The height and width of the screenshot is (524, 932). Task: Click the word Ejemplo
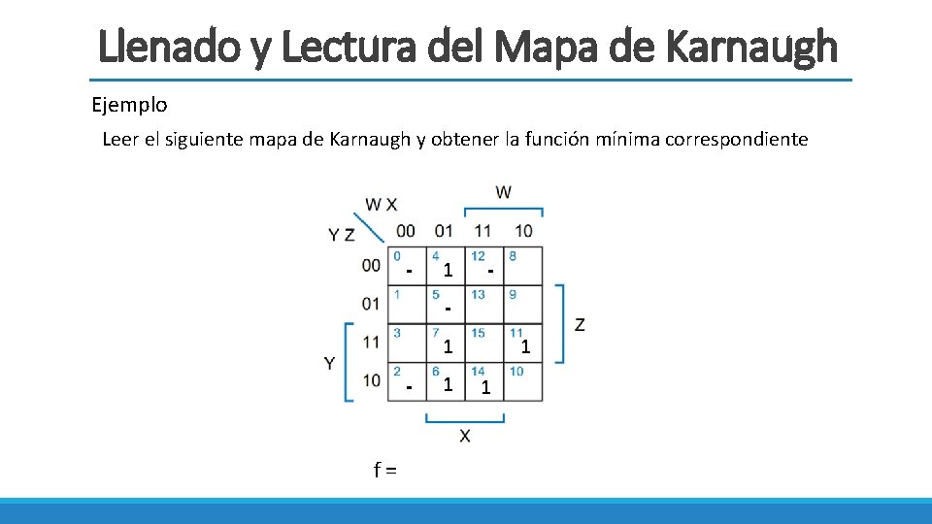tap(129, 104)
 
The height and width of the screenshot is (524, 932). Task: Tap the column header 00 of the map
tap(406, 231)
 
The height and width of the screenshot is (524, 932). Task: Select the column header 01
tap(444, 231)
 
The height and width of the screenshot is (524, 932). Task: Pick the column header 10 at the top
tap(523, 231)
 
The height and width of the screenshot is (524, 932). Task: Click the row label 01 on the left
tap(371, 304)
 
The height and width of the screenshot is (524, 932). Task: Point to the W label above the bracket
tap(503, 192)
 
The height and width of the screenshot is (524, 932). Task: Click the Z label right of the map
tap(580, 324)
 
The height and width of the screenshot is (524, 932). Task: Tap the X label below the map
tap(465, 437)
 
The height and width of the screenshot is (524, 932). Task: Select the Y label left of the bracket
tap(330, 363)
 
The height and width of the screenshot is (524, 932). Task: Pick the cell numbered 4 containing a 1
tap(446, 266)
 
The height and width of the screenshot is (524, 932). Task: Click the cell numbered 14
tap(484, 381)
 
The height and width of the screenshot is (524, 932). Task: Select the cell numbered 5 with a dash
tap(446, 304)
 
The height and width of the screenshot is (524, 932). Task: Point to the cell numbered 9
tap(522, 304)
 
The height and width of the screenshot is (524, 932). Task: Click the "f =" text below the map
tap(385, 472)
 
